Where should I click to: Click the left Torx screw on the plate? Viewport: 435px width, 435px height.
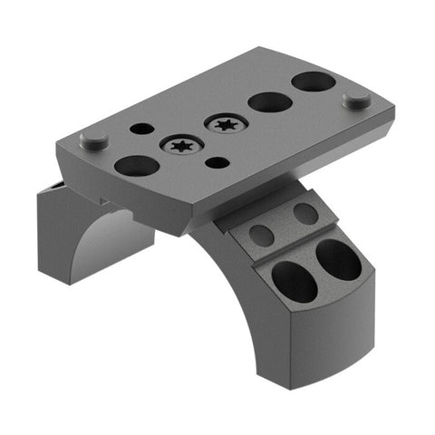point(181,145)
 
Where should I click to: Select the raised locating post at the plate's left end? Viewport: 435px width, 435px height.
point(93,140)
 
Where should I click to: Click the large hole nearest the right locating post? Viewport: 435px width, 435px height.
point(313,82)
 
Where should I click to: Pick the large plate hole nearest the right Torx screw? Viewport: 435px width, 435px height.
point(269,101)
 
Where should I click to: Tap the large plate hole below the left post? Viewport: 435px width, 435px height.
point(136,166)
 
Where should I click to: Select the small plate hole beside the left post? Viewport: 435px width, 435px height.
point(141,129)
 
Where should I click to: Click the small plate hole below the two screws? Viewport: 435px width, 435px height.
point(217,163)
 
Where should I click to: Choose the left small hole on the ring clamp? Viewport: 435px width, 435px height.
point(261,236)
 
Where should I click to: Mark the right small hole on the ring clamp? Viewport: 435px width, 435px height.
point(305,214)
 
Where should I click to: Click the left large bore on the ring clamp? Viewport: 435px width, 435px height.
point(294,282)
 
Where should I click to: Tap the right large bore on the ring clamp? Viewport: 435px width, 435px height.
point(336,258)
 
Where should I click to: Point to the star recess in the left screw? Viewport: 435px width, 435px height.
point(181,145)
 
